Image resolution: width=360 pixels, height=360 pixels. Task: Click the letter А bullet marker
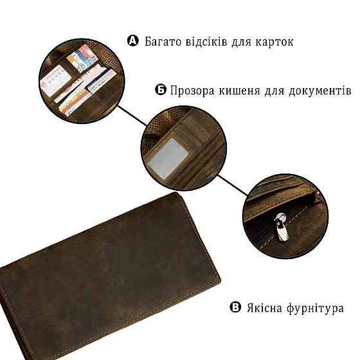133,42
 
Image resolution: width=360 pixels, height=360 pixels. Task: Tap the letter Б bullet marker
161,89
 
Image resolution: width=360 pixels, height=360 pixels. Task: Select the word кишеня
239,90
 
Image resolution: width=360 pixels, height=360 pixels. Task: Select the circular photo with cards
79,80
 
